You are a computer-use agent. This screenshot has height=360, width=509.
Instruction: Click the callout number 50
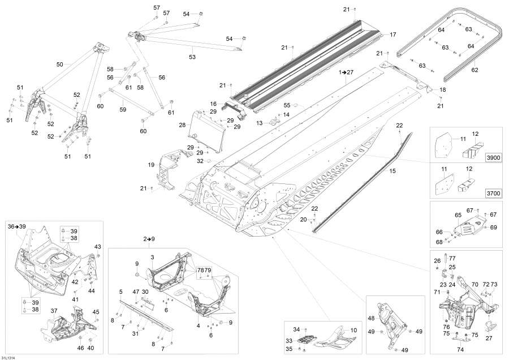(x=60, y=65)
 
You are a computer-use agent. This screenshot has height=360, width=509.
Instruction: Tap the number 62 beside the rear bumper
(x=475, y=70)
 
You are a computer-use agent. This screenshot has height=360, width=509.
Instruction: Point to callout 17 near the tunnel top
(x=393, y=35)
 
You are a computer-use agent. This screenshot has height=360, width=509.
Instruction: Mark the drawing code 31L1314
(x=9, y=357)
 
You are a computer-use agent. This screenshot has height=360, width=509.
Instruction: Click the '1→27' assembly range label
(x=346, y=73)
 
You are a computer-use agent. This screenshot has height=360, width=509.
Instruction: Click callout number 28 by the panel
(x=182, y=125)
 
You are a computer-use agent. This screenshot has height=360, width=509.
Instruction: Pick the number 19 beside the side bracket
(x=152, y=165)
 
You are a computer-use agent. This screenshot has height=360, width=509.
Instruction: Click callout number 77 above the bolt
(x=452, y=258)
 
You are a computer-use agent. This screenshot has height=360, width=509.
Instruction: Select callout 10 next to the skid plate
(x=353, y=329)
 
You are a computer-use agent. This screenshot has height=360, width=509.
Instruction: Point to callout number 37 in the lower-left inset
(x=54, y=311)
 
